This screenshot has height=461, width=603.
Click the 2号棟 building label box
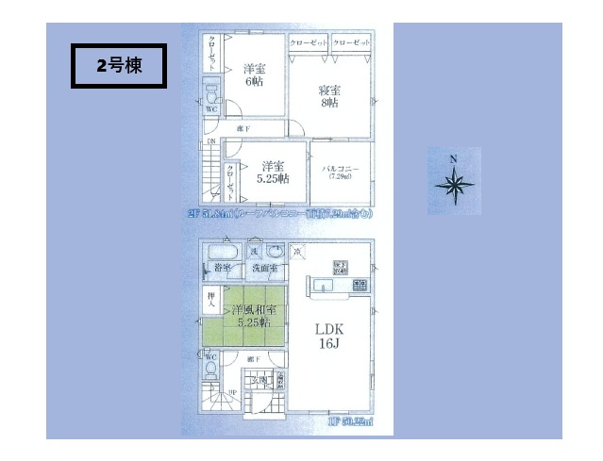[119, 65]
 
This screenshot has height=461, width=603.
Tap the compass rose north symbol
[453, 182]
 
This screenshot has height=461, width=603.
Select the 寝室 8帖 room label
[329, 97]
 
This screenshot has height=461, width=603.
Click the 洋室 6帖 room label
[253, 74]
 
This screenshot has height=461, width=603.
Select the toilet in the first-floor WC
[213, 369]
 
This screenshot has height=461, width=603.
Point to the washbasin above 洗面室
[275, 253]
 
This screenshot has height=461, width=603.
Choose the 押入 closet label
[211, 303]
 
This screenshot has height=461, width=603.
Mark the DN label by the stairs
[212, 142]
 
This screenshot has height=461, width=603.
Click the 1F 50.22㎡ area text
[350, 423]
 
